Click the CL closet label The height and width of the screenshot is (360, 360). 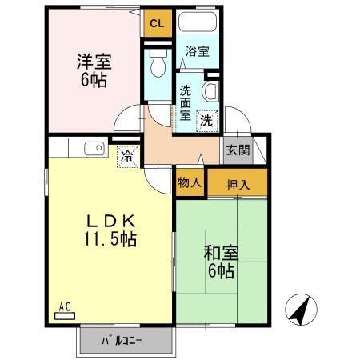(157, 24)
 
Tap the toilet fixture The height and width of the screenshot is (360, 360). (158, 63)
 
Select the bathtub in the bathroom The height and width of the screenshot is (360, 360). (198, 22)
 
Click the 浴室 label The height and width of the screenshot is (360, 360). (198, 51)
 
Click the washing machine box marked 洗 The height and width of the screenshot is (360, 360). (207, 122)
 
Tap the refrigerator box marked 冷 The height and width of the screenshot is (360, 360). (127, 157)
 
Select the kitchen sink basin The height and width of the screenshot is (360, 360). (94, 148)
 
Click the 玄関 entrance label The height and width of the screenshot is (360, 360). (238, 150)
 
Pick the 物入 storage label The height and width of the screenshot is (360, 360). (190, 182)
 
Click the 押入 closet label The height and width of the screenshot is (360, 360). (238, 185)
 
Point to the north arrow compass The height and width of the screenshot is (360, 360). (301, 310)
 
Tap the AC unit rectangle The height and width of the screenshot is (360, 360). (65, 316)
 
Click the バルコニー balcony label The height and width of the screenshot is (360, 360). (122, 341)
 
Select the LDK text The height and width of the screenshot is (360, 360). (110, 222)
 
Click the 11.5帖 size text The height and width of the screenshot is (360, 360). (110, 239)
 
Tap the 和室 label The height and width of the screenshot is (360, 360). (221, 253)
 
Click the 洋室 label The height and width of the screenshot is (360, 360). (94, 62)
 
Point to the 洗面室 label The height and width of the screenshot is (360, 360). (185, 103)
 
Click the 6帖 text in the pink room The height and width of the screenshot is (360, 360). (94, 79)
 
